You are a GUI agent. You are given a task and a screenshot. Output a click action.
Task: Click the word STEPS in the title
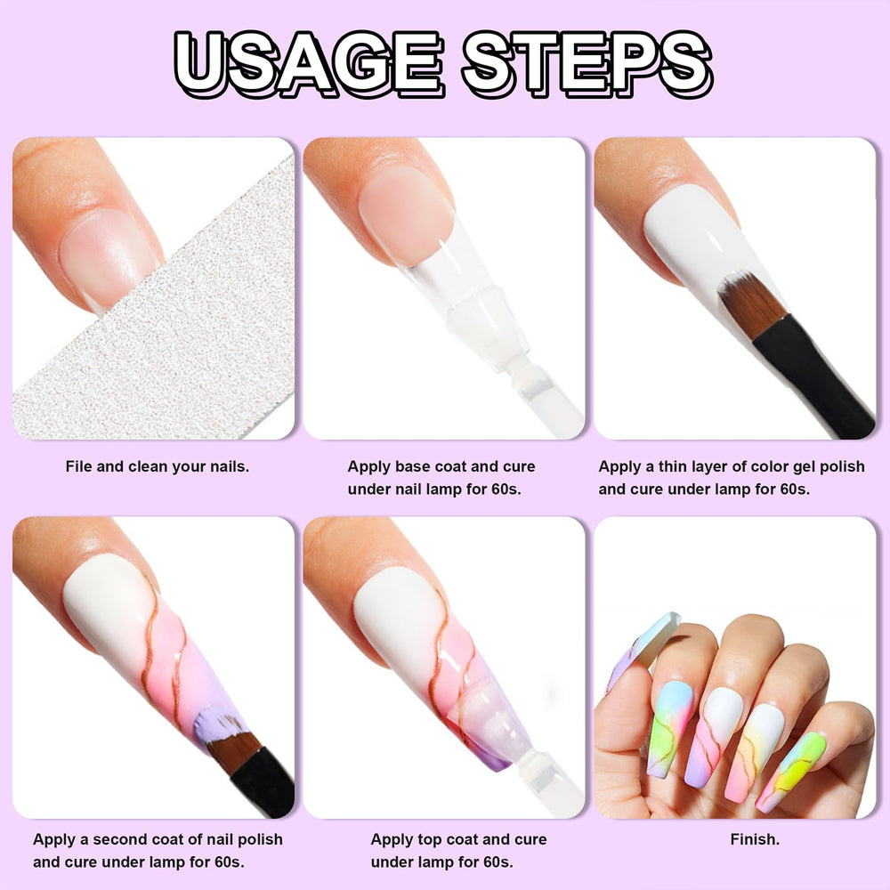pos(587,63)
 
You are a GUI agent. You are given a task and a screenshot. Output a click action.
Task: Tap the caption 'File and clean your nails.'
pos(158,467)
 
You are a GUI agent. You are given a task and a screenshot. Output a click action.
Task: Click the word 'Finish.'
pos(755,839)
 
